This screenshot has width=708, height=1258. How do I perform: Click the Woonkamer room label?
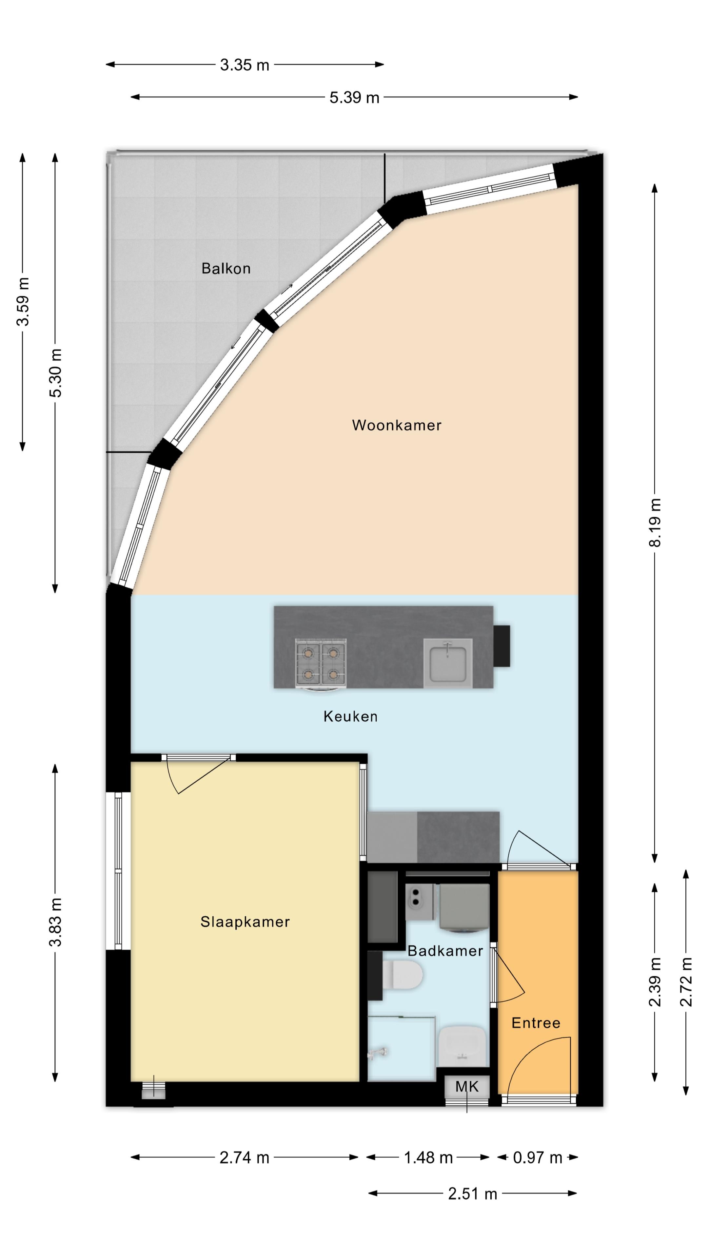point(396,425)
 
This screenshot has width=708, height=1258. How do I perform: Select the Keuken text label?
point(350,716)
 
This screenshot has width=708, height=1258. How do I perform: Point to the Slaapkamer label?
point(245,922)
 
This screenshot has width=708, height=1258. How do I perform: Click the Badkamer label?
point(445,951)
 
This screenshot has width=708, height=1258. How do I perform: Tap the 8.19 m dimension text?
point(655,522)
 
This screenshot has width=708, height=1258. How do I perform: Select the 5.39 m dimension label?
point(354,97)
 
